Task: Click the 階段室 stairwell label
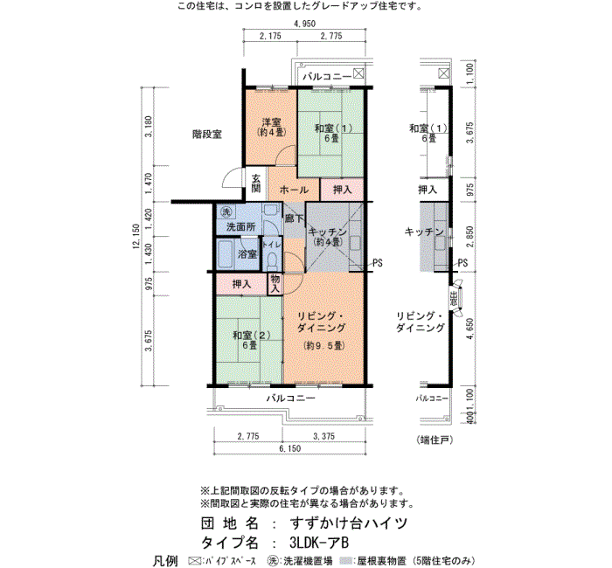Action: coord(207,135)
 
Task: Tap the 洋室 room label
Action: coord(269,122)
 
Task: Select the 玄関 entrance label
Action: coord(256,183)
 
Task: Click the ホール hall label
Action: coord(293,190)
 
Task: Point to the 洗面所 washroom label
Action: coord(240,227)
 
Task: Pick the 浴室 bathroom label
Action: coord(247,254)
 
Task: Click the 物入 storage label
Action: coord(274,282)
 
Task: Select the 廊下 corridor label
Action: coord(294,218)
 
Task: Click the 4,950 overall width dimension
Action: coord(304,24)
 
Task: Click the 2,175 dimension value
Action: coord(270,36)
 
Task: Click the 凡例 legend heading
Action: coord(165,559)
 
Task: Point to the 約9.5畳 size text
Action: coord(323,346)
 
